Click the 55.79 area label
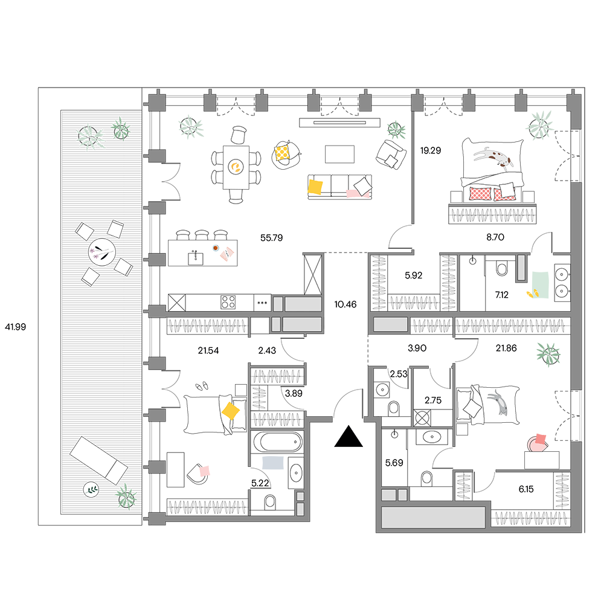[x=272, y=237]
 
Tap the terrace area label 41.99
[x=16, y=327]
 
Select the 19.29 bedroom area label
[x=431, y=150]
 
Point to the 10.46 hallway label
[x=345, y=304]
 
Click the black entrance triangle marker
[x=349, y=436]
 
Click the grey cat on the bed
[x=499, y=402]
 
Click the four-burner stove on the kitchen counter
[x=228, y=303]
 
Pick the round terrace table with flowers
[x=102, y=252]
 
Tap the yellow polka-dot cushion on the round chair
[x=282, y=152]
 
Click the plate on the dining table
[x=236, y=167]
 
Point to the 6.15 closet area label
[x=526, y=489]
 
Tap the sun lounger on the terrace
[x=98, y=460]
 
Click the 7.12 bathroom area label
[x=501, y=295]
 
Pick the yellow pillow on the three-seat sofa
[x=315, y=187]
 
